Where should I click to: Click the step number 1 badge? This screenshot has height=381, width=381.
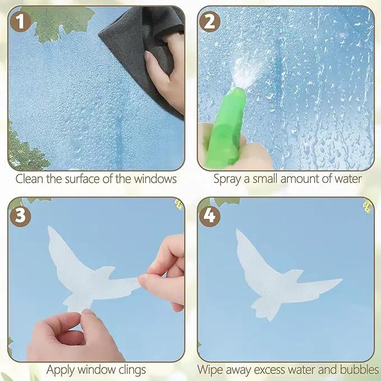(x=20, y=22)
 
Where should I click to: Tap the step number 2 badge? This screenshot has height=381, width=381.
(x=210, y=22)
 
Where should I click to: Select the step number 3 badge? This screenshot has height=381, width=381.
(x=20, y=216)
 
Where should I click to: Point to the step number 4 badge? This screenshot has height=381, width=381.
(x=210, y=216)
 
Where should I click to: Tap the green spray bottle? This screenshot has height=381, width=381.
(x=225, y=129)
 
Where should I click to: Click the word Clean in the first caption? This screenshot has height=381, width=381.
(x=30, y=179)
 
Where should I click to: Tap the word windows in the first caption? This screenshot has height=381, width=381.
(x=155, y=179)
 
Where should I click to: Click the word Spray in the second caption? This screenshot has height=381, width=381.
(x=227, y=180)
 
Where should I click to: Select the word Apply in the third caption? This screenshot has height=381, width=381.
(x=61, y=370)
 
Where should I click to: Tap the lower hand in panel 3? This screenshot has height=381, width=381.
(x=71, y=338)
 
